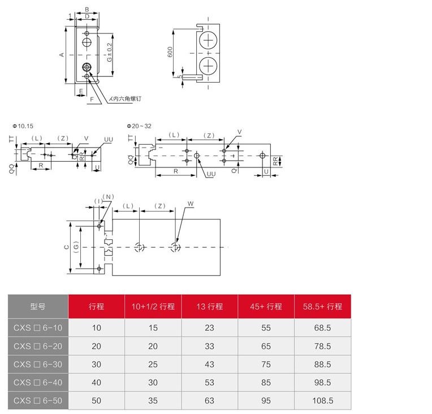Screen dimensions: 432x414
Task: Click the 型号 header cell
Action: [x=38, y=307]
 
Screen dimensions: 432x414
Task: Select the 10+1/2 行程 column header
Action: [x=153, y=307]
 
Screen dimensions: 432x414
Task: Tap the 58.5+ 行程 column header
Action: [x=323, y=307]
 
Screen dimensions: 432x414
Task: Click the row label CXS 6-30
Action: [x=38, y=364]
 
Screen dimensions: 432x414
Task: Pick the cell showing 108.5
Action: [x=323, y=400]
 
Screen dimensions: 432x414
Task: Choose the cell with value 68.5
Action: [x=323, y=327]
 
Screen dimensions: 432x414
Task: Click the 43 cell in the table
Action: [x=209, y=364]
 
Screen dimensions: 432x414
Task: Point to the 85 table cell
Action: [x=266, y=382]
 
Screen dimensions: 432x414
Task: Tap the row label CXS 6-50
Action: [x=38, y=400]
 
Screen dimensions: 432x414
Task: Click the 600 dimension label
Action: [x=170, y=52]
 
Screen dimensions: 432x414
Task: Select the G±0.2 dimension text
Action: [x=110, y=53]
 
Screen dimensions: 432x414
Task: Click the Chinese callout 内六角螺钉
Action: [x=127, y=98]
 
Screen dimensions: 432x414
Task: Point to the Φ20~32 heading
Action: [x=139, y=126]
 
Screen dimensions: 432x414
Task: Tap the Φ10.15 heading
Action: [x=23, y=126]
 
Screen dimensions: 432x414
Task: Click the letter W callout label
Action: [x=191, y=204]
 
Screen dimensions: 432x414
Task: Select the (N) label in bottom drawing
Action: [x=108, y=197]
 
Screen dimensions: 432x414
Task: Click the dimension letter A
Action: [x=62, y=55]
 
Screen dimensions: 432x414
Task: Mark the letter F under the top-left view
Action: [x=92, y=100]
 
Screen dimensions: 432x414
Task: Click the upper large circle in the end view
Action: [x=208, y=40]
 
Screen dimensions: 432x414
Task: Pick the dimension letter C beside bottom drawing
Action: [x=66, y=247]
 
